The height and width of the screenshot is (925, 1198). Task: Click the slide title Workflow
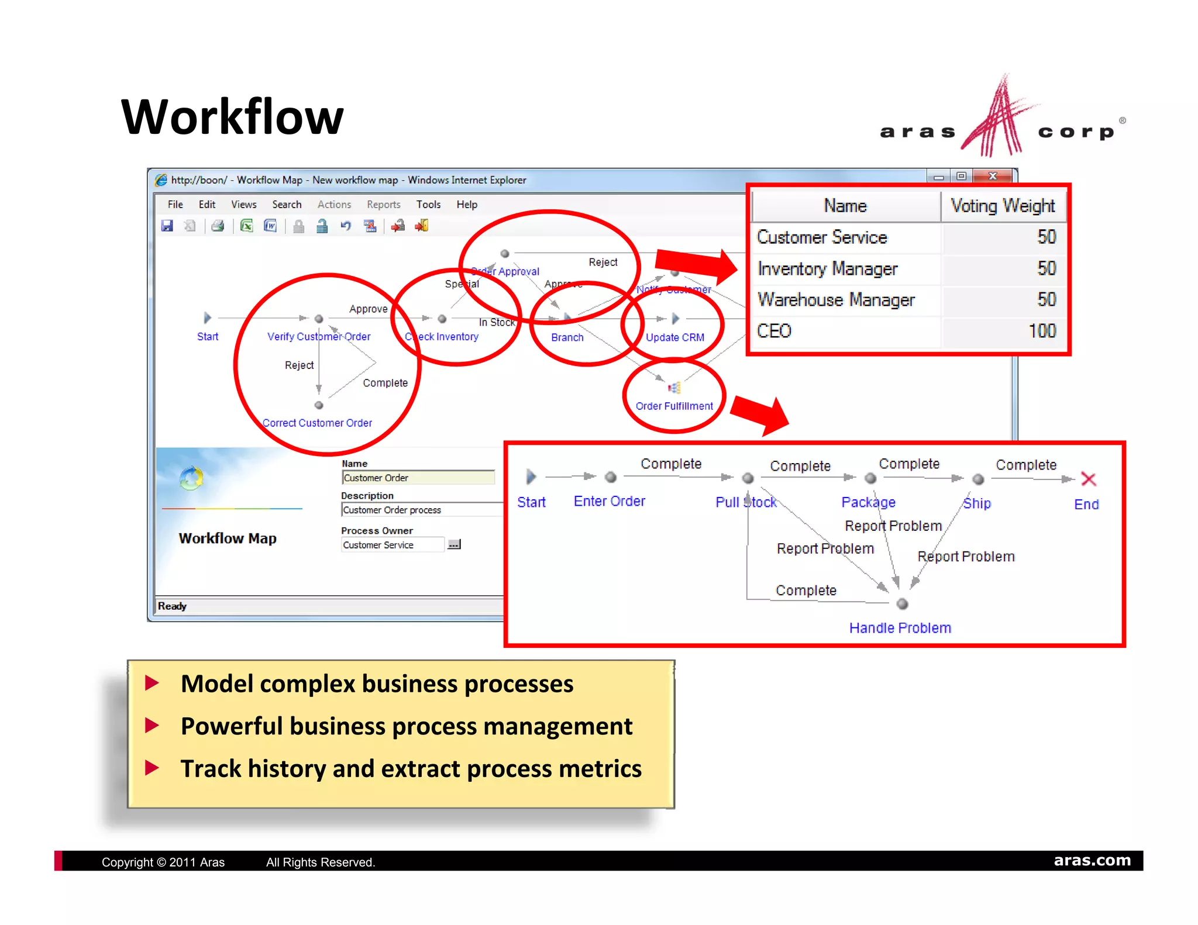point(232,117)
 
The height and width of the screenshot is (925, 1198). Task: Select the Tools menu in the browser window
point(428,205)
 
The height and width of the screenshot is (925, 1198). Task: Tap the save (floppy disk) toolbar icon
point(167,226)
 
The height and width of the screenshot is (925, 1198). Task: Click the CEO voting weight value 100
point(1042,331)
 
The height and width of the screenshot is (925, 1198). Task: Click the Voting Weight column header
point(1003,206)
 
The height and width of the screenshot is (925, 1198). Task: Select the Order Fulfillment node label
point(674,406)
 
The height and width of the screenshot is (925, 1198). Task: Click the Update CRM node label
point(674,337)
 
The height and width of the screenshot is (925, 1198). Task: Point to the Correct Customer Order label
point(317,423)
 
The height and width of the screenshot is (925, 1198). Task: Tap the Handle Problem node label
point(900,628)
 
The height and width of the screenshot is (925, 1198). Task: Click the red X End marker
point(1088,479)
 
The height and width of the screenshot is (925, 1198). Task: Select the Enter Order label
point(609,501)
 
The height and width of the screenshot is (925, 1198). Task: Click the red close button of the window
point(993,176)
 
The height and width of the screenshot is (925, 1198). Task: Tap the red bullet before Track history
point(152,768)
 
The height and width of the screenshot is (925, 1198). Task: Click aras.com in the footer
point(1092,860)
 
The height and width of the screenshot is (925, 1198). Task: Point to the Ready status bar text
point(172,606)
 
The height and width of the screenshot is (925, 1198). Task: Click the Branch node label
point(567,337)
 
